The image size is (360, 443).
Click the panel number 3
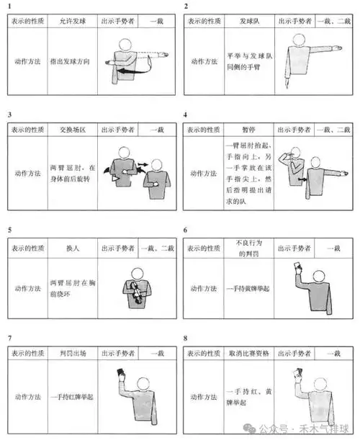tap(9, 115)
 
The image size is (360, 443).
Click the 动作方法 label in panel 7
tap(27, 395)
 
